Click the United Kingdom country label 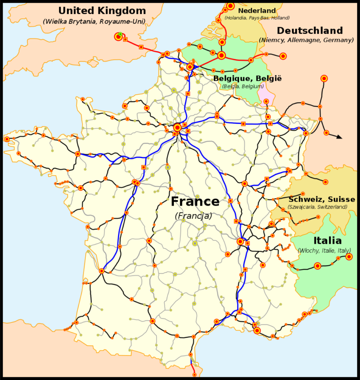coord(102,11)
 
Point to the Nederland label coord(256,11)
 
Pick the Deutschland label coord(310,31)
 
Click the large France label coord(195,202)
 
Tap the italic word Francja coord(194,216)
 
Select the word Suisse coord(340,200)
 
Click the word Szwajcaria coord(303,207)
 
